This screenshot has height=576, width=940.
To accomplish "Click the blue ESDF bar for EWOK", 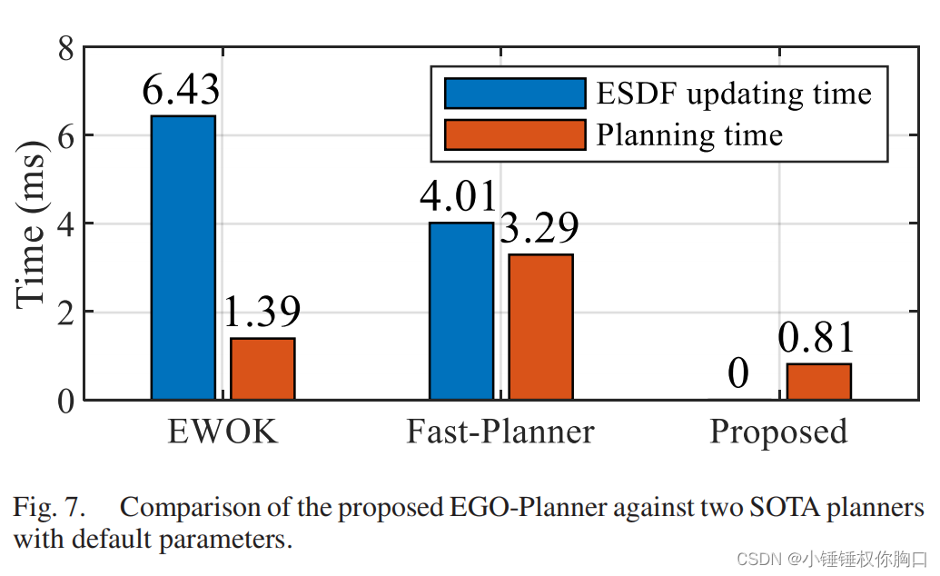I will (183, 257).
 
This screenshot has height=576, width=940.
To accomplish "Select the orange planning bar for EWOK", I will (262, 368).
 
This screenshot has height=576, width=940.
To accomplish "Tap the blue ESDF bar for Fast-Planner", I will (461, 311).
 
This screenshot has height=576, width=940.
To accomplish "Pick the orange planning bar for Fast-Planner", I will (540, 326).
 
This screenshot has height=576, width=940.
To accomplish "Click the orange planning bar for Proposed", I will (818, 381).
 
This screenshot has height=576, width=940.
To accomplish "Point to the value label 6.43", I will (182, 91).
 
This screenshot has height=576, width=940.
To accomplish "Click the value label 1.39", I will (262, 313).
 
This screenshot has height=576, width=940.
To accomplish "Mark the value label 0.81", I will (816, 339).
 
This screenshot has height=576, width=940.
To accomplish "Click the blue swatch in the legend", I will (514, 94).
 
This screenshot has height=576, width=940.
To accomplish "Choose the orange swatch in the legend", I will (514, 135).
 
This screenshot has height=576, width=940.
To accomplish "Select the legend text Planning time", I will (688, 135).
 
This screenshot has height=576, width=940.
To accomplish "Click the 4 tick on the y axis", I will (65, 223).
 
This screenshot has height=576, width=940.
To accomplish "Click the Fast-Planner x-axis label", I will (500, 432).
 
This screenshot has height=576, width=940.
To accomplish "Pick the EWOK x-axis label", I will (223, 432).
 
